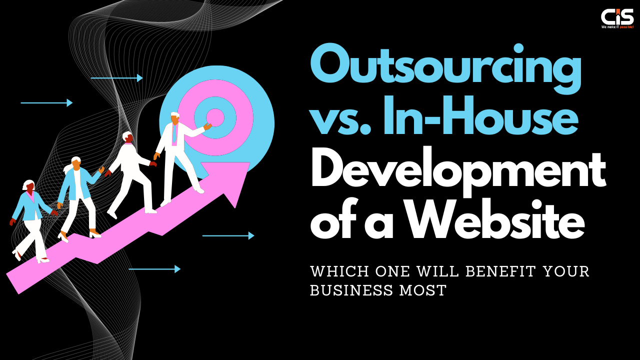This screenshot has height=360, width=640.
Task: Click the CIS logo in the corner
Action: (617, 18)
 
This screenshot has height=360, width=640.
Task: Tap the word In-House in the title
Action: (480, 115)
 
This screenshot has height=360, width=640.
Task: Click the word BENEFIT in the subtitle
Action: (500, 271)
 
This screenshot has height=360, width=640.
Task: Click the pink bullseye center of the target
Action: (215, 117)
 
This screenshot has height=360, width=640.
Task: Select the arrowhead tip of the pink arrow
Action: (250, 162)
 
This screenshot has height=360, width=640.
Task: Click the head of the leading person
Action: (175, 118)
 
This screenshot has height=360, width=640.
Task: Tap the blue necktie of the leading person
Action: (174, 134)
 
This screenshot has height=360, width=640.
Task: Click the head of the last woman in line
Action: (29, 185)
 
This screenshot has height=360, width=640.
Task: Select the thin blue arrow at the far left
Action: (46, 103)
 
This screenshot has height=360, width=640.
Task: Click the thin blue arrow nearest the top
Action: (116, 77)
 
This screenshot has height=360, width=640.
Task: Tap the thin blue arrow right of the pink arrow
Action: (228, 235)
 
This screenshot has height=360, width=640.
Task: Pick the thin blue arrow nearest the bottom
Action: (154, 269)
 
